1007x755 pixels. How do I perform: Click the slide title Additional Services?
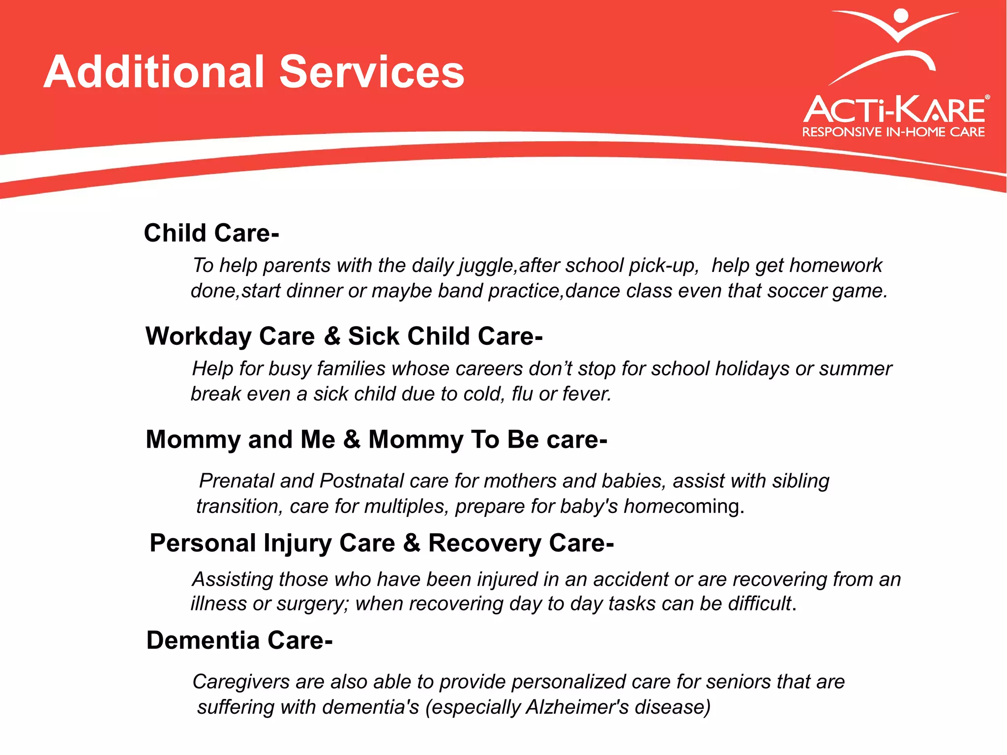click(254, 72)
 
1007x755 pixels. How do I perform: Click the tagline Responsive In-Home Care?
click(893, 132)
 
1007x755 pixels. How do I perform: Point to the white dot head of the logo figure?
click(900, 16)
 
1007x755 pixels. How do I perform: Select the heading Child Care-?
click(211, 233)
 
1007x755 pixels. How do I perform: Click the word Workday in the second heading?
click(199, 336)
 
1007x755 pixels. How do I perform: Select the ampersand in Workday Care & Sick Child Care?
click(332, 336)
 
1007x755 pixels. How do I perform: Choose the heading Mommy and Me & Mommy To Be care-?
click(376, 439)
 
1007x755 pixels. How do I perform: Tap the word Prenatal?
click(236, 481)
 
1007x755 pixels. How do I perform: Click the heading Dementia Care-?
click(239, 640)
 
